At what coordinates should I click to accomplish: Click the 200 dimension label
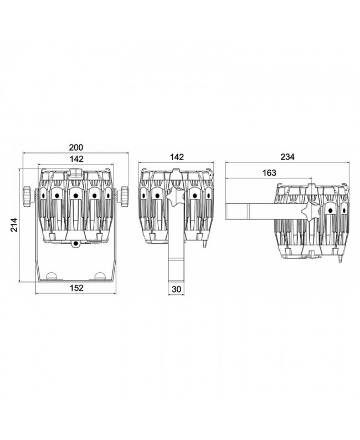[76, 147]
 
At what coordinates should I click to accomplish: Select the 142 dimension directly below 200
[76, 159]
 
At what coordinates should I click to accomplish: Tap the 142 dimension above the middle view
[177, 157]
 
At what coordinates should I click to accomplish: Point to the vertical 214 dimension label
[14, 224]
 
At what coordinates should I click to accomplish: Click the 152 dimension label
[76, 288]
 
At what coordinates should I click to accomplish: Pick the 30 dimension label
[176, 289]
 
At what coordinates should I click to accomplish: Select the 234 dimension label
[287, 157]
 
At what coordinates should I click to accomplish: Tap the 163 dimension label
[269, 173]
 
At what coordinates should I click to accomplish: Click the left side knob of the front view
[29, 196]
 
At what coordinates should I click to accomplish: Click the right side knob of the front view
[123, 196]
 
